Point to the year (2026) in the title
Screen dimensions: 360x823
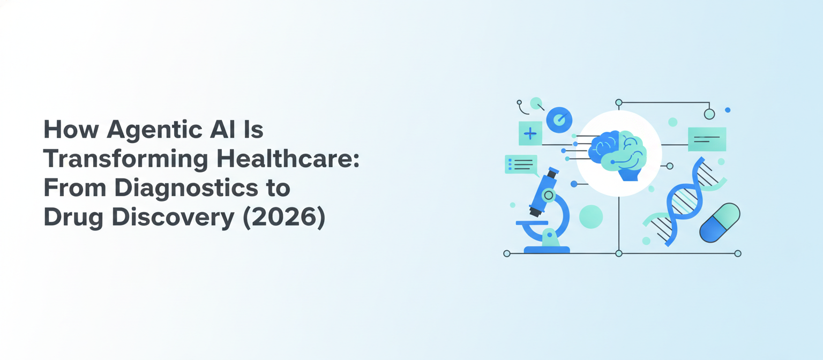(284, 218)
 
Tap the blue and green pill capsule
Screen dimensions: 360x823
(720, 222)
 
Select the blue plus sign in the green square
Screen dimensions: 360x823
(530, 133)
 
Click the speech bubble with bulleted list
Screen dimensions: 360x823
(521, 164)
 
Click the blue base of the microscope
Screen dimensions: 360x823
(547, 250)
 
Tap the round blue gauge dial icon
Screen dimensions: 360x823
(559, 119)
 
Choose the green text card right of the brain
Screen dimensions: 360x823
(707, 139)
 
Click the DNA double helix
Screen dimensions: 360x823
(683, 201)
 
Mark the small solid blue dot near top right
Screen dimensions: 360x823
(727, 110)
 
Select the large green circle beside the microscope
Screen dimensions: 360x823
(591, 216)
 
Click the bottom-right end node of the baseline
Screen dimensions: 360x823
(737, 253)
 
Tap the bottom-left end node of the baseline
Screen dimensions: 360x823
(507, 253)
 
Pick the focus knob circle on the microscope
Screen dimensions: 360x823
(548, 196)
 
